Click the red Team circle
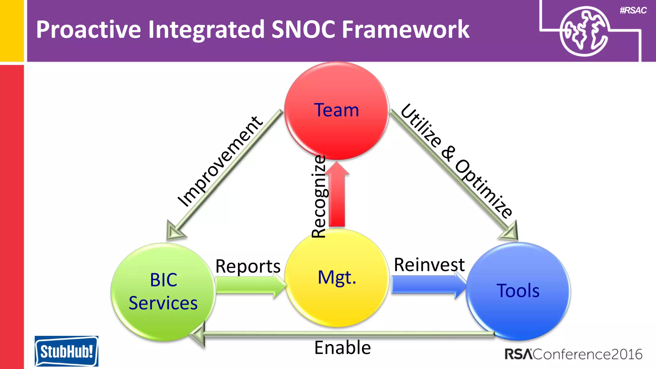click(x=336, y=111)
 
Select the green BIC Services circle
click(x=163, y=291)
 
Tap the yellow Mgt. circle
click(x=336, y=278)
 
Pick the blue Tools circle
click(x=518, y=291)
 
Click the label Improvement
click(x=220, y=162)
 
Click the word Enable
click(x=342, y=348)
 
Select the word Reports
click(x=248, y=266)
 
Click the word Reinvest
click(x=429, y=265)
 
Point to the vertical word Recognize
click(x=319, y=196)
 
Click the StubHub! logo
click(x=66, y=351)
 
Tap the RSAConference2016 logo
click(x=573, y=354)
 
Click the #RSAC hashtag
click(x=633, y=11)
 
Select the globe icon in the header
click(x=584, y=31)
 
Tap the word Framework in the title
click(x=405, y=29)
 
